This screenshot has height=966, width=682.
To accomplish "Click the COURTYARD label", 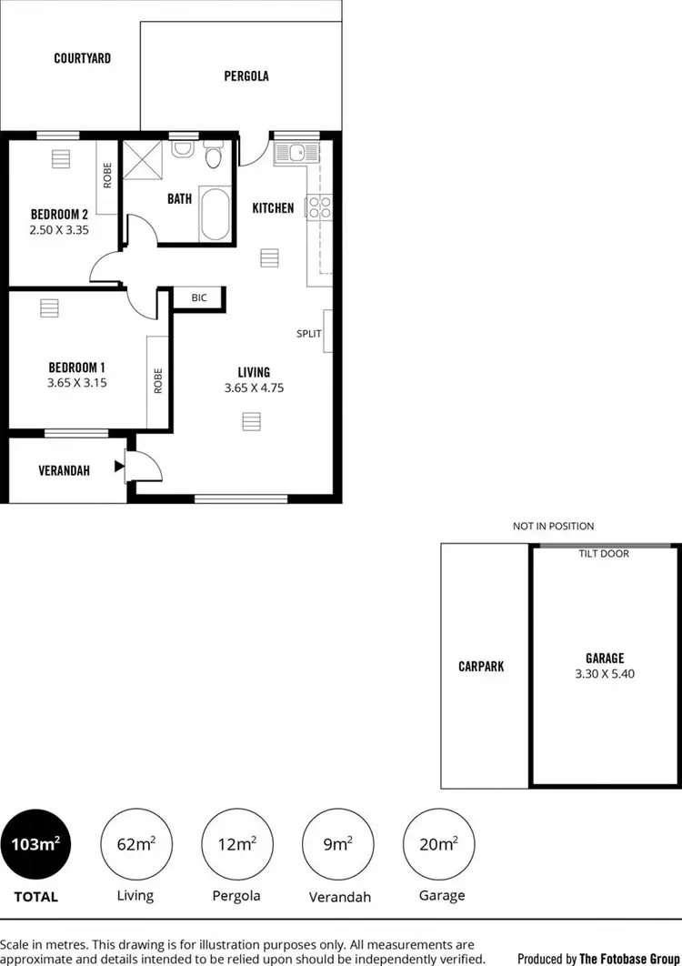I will (x=83, y=58).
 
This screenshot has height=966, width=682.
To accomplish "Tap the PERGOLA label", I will (x=246, y=76).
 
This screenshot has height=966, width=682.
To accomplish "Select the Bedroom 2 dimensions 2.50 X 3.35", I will (x=59, y=230).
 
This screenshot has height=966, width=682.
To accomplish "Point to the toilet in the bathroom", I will (x=213, y=156).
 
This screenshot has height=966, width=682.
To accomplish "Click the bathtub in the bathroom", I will (x=215, y=214).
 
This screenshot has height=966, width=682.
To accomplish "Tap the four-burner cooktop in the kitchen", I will (x=319, y=207).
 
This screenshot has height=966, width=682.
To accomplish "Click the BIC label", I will (x=199, y=297).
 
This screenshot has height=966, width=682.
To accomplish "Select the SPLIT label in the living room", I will (x=309, y=333).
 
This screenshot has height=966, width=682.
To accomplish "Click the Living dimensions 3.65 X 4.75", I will (x=254, y=387).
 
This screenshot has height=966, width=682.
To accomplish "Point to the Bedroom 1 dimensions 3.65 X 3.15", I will (x=77, y=383).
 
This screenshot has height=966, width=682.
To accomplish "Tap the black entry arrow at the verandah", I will (x=119, y=468).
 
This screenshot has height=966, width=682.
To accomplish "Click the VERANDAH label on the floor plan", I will (x=64, y=470).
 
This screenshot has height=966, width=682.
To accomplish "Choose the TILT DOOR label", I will (x=604, y=553).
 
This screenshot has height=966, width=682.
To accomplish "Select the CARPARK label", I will (x=481, y=666).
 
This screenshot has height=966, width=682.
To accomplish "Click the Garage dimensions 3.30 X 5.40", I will (x=605, y=674).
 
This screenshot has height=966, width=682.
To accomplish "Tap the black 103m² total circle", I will (x=36, y=844).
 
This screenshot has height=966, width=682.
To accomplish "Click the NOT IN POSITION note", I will (x=553, y=526).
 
